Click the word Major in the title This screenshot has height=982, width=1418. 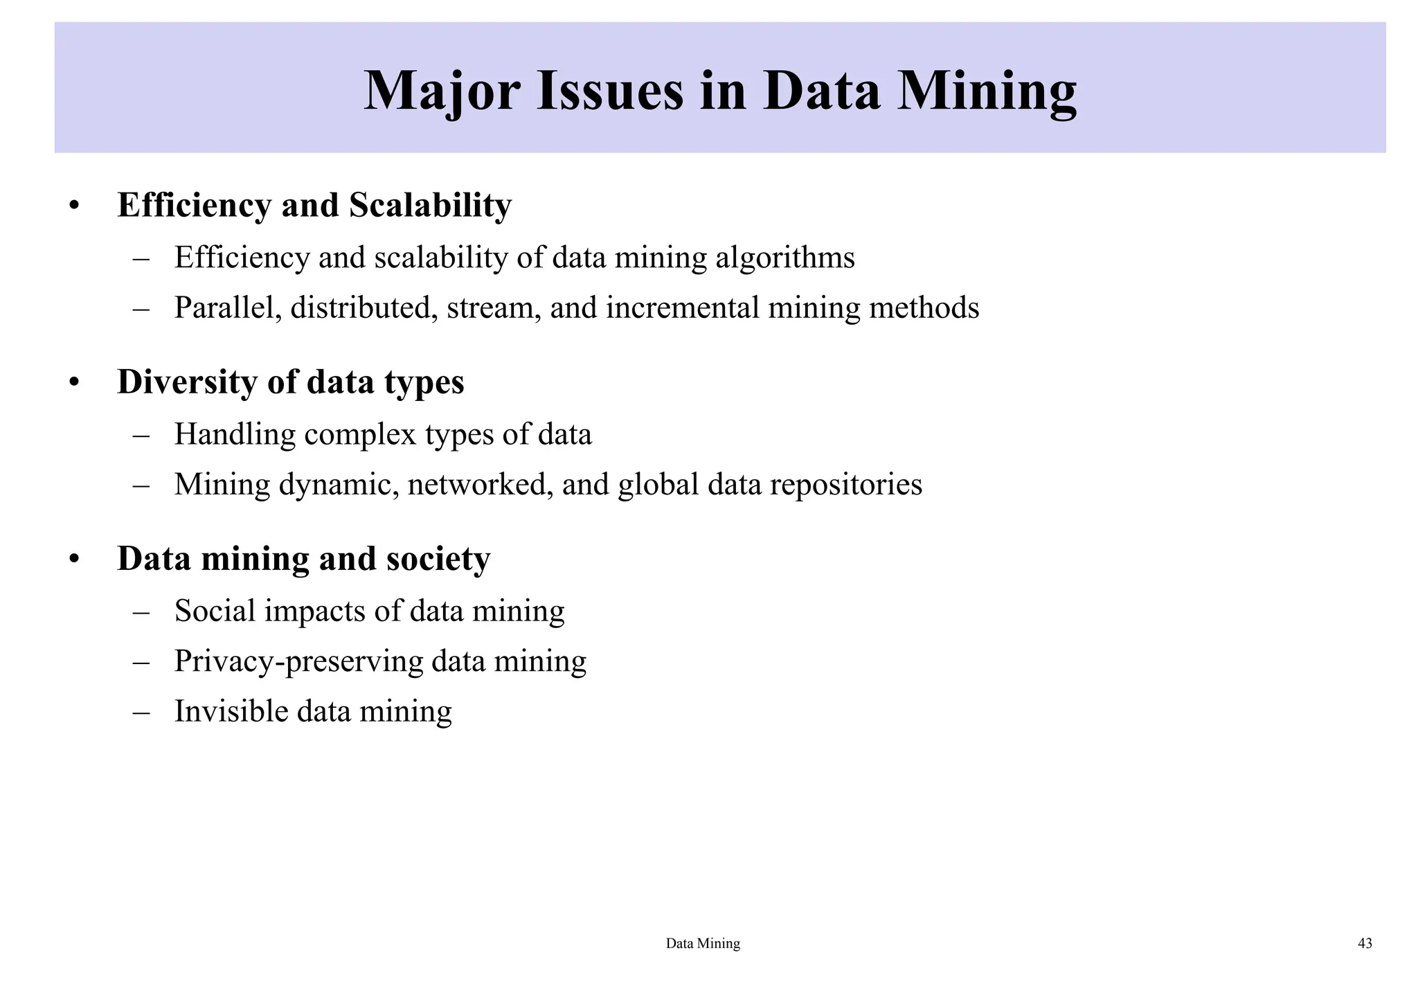click(441, 91)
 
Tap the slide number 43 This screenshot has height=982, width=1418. click(1365, 943)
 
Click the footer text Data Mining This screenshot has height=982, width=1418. click(703, 943)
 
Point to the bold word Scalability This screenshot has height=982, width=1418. click(430, 205)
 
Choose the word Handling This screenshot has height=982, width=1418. click(235, 434)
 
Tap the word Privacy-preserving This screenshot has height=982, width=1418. click(298, 661)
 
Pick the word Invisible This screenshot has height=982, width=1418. click(231, 711)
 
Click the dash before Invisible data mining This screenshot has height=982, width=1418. click(141, 712)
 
